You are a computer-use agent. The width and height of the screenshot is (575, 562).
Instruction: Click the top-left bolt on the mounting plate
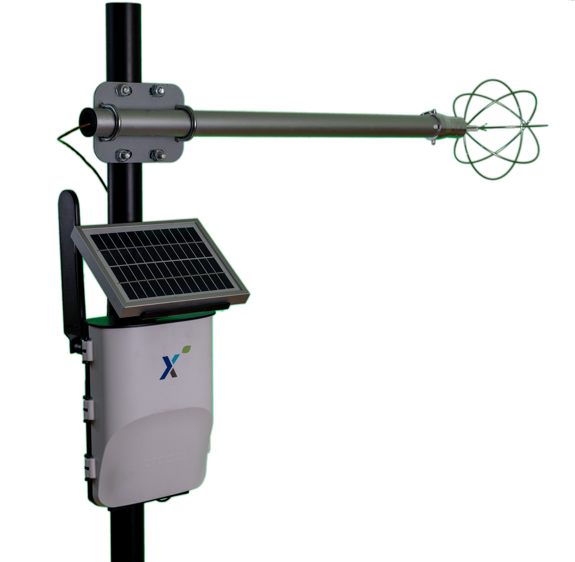tap(124, 91)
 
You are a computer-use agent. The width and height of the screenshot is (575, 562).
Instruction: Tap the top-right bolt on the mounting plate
tap(157, 91)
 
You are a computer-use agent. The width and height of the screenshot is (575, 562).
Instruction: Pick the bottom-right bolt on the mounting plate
tap(157, 156)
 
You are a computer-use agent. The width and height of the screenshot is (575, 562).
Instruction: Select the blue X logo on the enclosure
tap(169, 366)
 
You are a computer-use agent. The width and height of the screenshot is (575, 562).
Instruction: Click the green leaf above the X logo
tap(187, 349)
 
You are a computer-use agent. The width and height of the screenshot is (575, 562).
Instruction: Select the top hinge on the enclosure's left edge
tap(87, 349)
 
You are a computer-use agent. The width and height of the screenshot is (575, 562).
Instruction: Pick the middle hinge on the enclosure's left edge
tap(88, 408)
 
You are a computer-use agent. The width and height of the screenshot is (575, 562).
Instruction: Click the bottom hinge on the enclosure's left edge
tap(90, 467)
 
